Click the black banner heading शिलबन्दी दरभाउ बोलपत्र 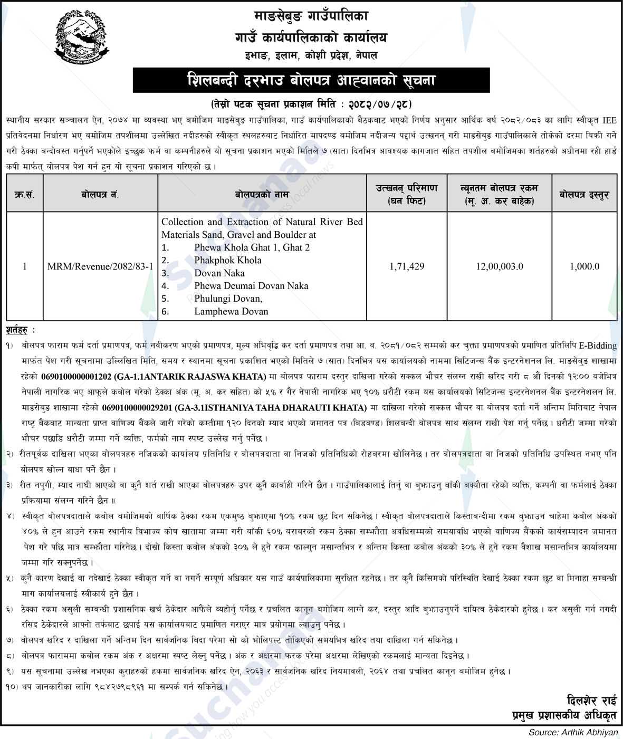pos(311,81)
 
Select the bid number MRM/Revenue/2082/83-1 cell pos(100,266)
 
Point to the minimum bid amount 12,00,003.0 pos(499,266)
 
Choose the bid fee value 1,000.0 pos(584,266)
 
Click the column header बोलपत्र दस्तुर pos(584,194)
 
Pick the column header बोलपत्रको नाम pos(262,194)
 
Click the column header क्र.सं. pos(24,194)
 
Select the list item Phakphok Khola pos(227,260)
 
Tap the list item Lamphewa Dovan pos(231,311)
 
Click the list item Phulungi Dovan pos(228,299)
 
